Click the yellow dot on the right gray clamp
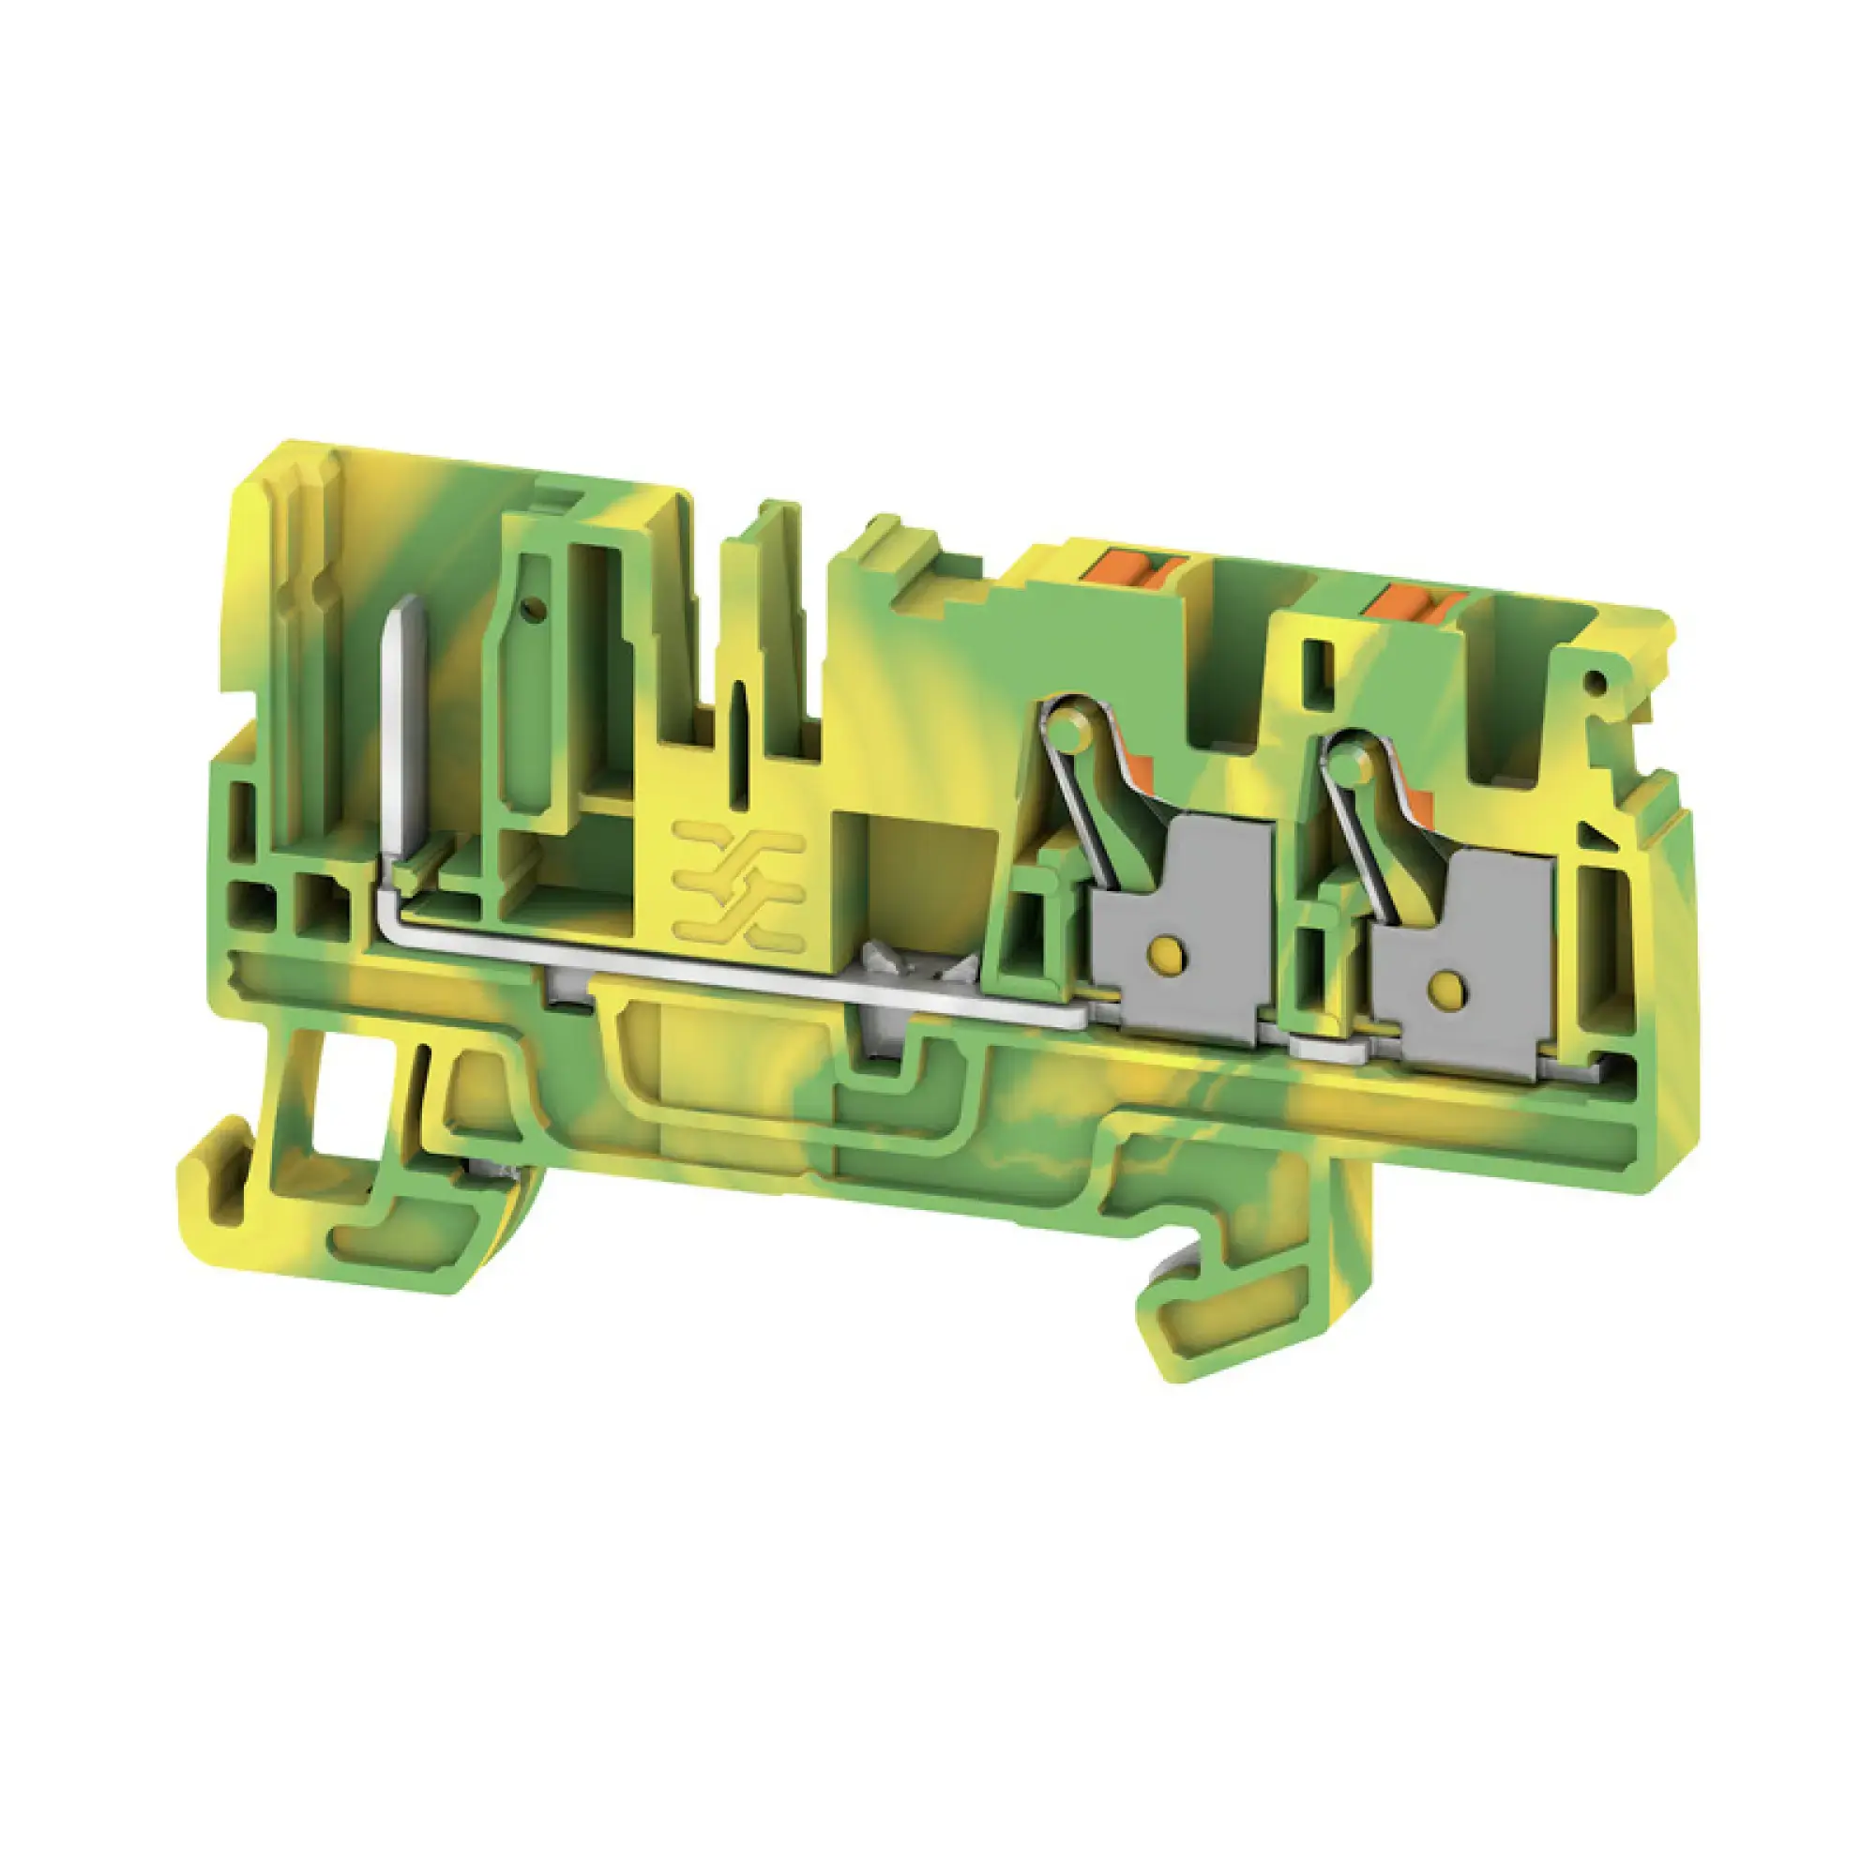point(1445,988)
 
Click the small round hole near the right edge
point(1593,684)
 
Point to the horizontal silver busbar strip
point(738,981)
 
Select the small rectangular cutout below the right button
point(1315,663)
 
